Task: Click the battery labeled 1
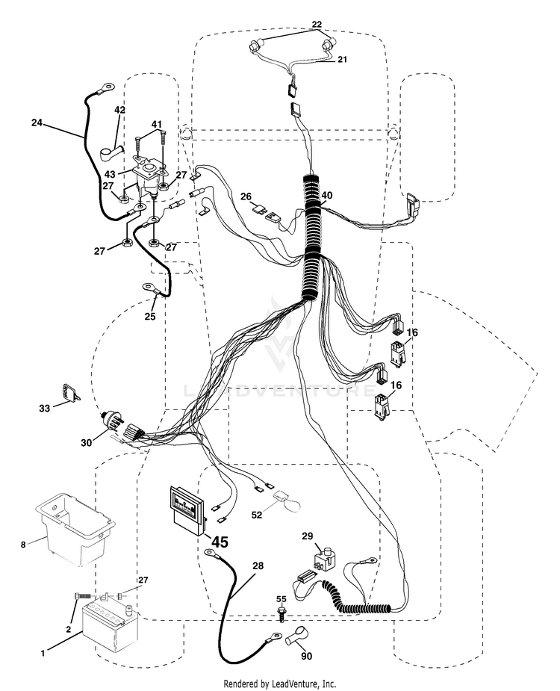pyautogui.click(x=111, y=622)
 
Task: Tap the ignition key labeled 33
pyautogui.click(x=69, y=394)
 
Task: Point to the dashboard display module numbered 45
pyautogui.click(x=187, y=509)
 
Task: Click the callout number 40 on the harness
pyautogui.click(x=327, y=195)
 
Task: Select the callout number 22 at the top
pyautogui.click(x=317, y=24)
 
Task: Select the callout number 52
pyautogui.click(x=258, y=514)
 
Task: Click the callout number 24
pyautogui.click(x=37, y=123)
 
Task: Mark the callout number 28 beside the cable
pyautogui.click(x=258, y=565)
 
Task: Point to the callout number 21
pyautogui.click(x=342, y=59)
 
